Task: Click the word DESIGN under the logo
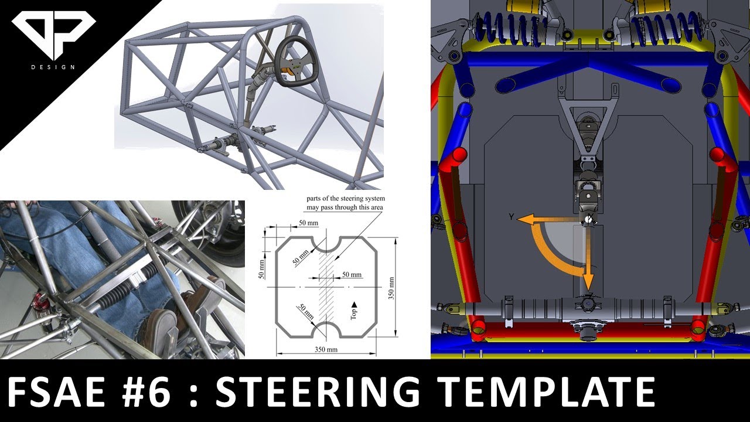coord(53,67)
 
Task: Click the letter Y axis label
coord(511,217)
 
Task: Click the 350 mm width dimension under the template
coord(322,350)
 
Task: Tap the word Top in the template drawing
coord(354,312)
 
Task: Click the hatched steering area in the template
coord(326,287)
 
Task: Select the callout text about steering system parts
coord(345,203)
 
